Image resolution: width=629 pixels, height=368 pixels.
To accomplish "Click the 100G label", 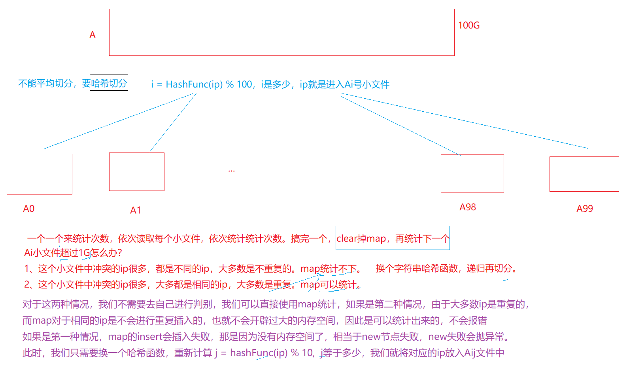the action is tap(468, 25).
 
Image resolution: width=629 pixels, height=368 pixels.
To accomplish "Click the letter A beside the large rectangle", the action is tap(93, 35).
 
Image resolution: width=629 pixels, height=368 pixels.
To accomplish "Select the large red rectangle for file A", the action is tap(281, 32).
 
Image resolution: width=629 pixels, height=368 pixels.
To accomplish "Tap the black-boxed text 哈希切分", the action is tap(109, 83).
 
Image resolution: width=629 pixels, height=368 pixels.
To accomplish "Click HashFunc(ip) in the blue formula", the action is tap(194, 84).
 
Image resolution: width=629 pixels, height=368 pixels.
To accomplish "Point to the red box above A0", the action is tap(40, 174).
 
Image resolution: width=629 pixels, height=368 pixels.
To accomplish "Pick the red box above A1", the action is tap(137, 172).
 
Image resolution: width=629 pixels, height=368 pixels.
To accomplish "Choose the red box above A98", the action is tap(472, 174).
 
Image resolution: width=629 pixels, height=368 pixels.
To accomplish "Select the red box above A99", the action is tap(584, 174).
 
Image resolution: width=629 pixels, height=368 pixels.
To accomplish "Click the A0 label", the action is tap(29, 209).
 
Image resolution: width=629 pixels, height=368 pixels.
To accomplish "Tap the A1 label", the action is tap(136, 210).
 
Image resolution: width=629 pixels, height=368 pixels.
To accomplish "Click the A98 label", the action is tap(468, 207).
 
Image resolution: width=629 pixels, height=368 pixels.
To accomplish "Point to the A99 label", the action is tap(585, 209).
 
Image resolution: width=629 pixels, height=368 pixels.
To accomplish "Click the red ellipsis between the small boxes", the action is tap(232, 171).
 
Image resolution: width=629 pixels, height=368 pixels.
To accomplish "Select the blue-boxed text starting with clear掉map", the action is tap(393, 238).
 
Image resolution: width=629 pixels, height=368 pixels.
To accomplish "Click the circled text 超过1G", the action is tap(75, 253).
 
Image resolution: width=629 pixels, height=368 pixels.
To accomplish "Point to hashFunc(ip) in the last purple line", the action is tap(259, 353).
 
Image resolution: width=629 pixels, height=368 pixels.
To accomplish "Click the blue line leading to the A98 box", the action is tap(399, 125).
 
